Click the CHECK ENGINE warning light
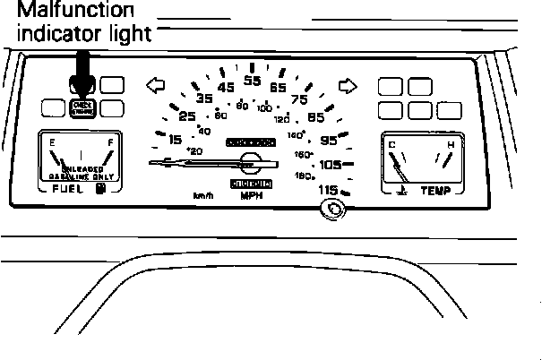pyautogui.click(x=82, y=107)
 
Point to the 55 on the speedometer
pyautogui.click(x=252, y=81)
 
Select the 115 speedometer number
pyautogui.click(x=329, y=190)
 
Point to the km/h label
pyautogui.click(x=202, y=195)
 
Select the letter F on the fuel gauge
pyautogui.click(x=109, y=141)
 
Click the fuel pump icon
pyautogui.click(x=101, y=189)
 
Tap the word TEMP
pyautogui.click(x=435, y=191)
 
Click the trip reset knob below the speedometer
pyautogui.click(x=333, y=210)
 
